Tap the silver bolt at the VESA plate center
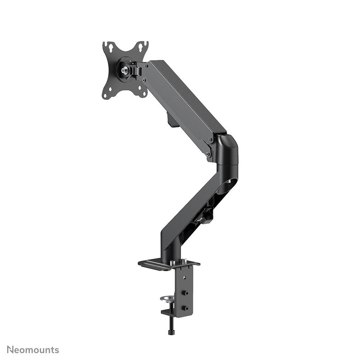(x=125, y=71)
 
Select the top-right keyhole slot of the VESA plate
(x=142, y=46)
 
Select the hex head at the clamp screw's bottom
(x=170, y=332)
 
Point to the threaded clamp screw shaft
(x=170, y=323)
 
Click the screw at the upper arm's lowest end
(x=207, y=155)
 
